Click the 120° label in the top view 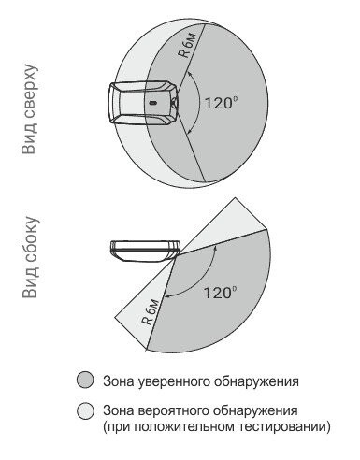[x=219, y=103]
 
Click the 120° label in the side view [x=218, y=293]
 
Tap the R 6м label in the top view [x=188, y=45]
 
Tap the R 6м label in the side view [x=151, y=312]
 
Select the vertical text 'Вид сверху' [x=30, y=109]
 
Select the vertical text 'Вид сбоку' [x=31, y=257]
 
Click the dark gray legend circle [x=85, y=380]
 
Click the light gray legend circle [x=85, y=410]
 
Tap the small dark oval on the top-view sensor [x=153, y=103]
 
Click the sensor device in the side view [x=145, y=251]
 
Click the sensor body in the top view [x=144, y=103]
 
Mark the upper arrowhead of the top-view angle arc [x=188, y=74]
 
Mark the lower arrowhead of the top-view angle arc [x=188, y=132]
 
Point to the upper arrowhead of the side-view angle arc [x=215, y=248]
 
